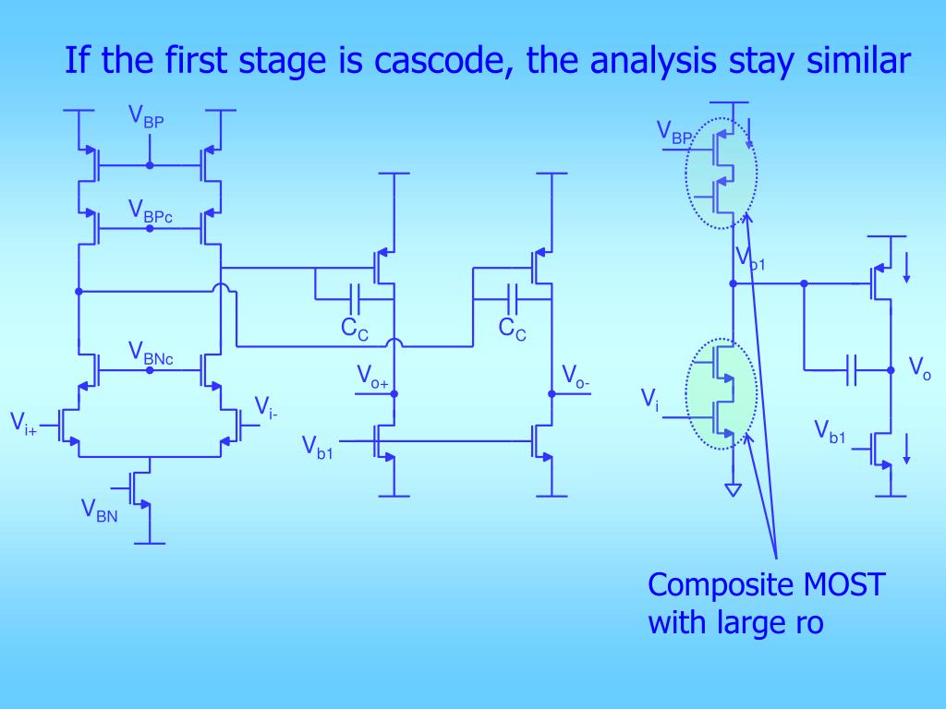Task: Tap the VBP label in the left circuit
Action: [146, 117]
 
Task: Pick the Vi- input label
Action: [266, 407]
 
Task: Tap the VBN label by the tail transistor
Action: [99, 509]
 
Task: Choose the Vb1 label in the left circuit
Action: [317, 447]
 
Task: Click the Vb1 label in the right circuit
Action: [829, 430]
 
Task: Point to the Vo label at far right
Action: [919, 368]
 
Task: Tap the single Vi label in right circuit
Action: [649, 399]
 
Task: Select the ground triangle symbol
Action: [733, 489]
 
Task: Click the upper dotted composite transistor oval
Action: [722, 173]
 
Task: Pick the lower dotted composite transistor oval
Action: [722, 393]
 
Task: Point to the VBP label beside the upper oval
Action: [674, 132]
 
